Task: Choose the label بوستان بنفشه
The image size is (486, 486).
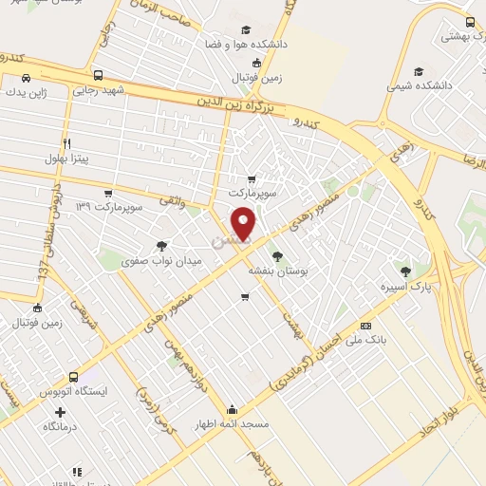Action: point(274,271)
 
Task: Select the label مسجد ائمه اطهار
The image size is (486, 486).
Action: point(232,424)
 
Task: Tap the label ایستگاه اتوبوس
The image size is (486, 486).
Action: point(74,391)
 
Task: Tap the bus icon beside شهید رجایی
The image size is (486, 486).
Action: point(99,75)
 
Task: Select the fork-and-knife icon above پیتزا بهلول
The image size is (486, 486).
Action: point(66,144)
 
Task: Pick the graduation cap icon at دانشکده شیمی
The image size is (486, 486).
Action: point(420,71)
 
